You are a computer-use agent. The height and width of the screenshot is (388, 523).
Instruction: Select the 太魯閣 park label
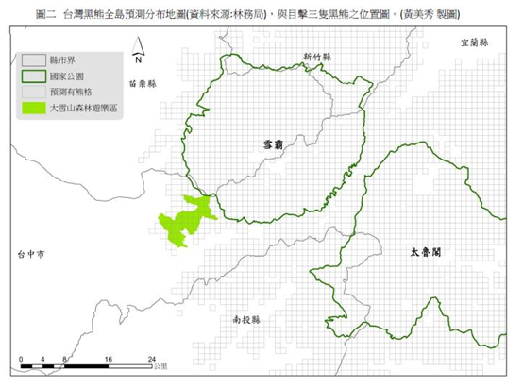pyautogui.click(x=427, y=254)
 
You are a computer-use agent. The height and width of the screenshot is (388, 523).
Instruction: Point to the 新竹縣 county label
pyautogui.click(x=319, y=58)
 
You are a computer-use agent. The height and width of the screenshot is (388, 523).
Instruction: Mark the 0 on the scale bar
pyautogui.click(x=21, y=360)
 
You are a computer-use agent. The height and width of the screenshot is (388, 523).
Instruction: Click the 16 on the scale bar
pyautogui.click(x=110, y=360)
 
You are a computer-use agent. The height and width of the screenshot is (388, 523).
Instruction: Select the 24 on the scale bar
pyautogui.click(x=152, y=360)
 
